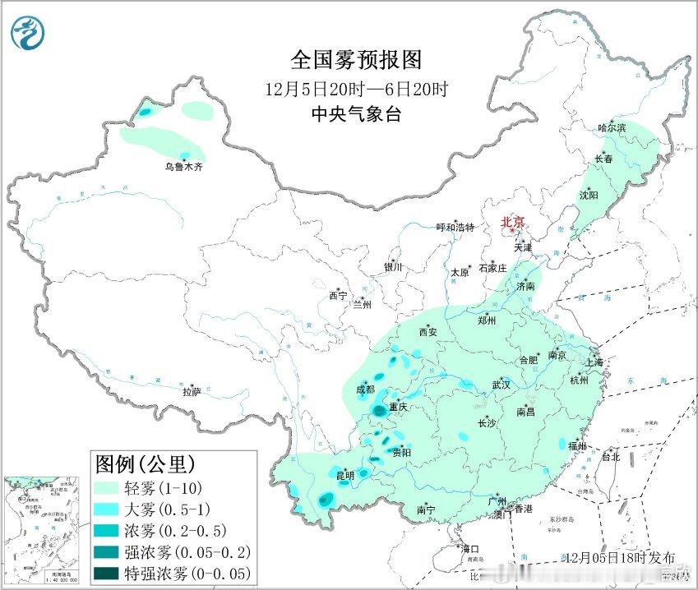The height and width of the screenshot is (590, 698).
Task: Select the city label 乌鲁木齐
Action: point(183,167)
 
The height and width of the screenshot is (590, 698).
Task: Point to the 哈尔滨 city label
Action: point(612,127)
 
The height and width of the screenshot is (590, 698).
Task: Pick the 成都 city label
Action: point(365,389)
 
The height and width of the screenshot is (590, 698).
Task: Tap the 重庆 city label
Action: point(399,407)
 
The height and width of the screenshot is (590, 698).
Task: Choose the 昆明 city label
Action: point(344,475)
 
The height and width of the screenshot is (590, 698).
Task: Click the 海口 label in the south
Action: point(470,548)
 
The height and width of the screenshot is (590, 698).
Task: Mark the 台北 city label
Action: point(611,457)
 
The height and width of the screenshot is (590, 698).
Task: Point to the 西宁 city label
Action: point(338,295)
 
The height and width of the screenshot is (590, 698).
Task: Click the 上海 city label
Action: point(594,362)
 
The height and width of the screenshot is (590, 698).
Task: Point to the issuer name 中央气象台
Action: point(355,115)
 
